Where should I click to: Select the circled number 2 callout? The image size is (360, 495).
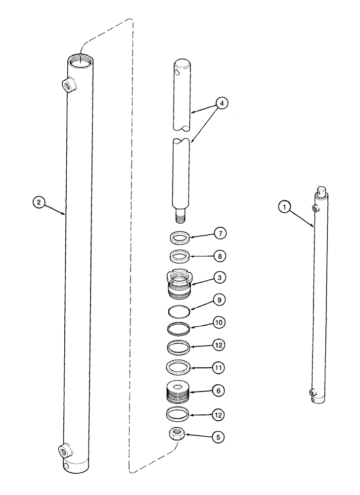click(39, 201)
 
